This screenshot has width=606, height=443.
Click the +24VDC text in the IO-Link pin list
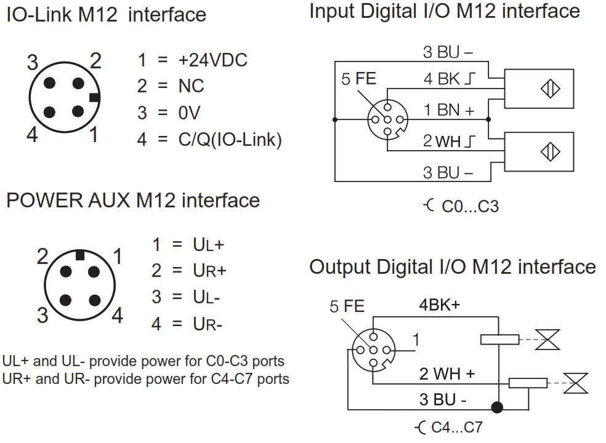(212, 60)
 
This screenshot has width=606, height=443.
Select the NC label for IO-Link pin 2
(191, 86)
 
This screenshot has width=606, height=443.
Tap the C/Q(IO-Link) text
(230, 140)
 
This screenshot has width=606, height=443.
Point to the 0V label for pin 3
(190, 113)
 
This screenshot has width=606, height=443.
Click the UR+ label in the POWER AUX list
(209, 270)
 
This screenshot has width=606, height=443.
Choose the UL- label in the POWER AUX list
(206, 297)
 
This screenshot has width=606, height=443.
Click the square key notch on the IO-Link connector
(94, 98)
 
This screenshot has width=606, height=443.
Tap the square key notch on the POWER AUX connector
(80, 255)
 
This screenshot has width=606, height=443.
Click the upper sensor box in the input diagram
(539, 89)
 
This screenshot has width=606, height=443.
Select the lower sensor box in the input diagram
(539, 152)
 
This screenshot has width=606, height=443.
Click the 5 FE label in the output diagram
(347, 306)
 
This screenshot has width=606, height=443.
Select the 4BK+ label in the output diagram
(440, 305)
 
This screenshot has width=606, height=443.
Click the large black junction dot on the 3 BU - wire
(497, 407)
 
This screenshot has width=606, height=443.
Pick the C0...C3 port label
(470, 206)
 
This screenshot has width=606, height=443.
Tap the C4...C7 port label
(457, 427)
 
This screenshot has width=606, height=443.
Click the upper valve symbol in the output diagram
(547, 340)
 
